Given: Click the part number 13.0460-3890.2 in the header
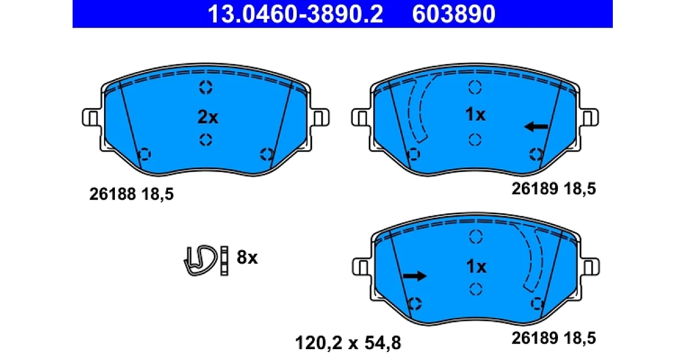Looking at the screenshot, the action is [295, 14].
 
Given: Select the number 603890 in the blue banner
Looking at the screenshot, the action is [453, 14].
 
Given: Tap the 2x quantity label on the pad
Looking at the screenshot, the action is [208, 117].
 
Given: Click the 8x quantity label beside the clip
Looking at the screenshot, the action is [247, 258].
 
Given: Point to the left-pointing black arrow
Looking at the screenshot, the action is [536, 126].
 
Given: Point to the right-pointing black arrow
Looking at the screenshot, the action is [414, 276].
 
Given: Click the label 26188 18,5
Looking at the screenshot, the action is [131, 194].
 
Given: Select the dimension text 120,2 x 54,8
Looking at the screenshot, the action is [348, 343].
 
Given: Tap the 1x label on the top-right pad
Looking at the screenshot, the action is [475, 115].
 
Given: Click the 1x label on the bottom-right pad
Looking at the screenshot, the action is [476, 267].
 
